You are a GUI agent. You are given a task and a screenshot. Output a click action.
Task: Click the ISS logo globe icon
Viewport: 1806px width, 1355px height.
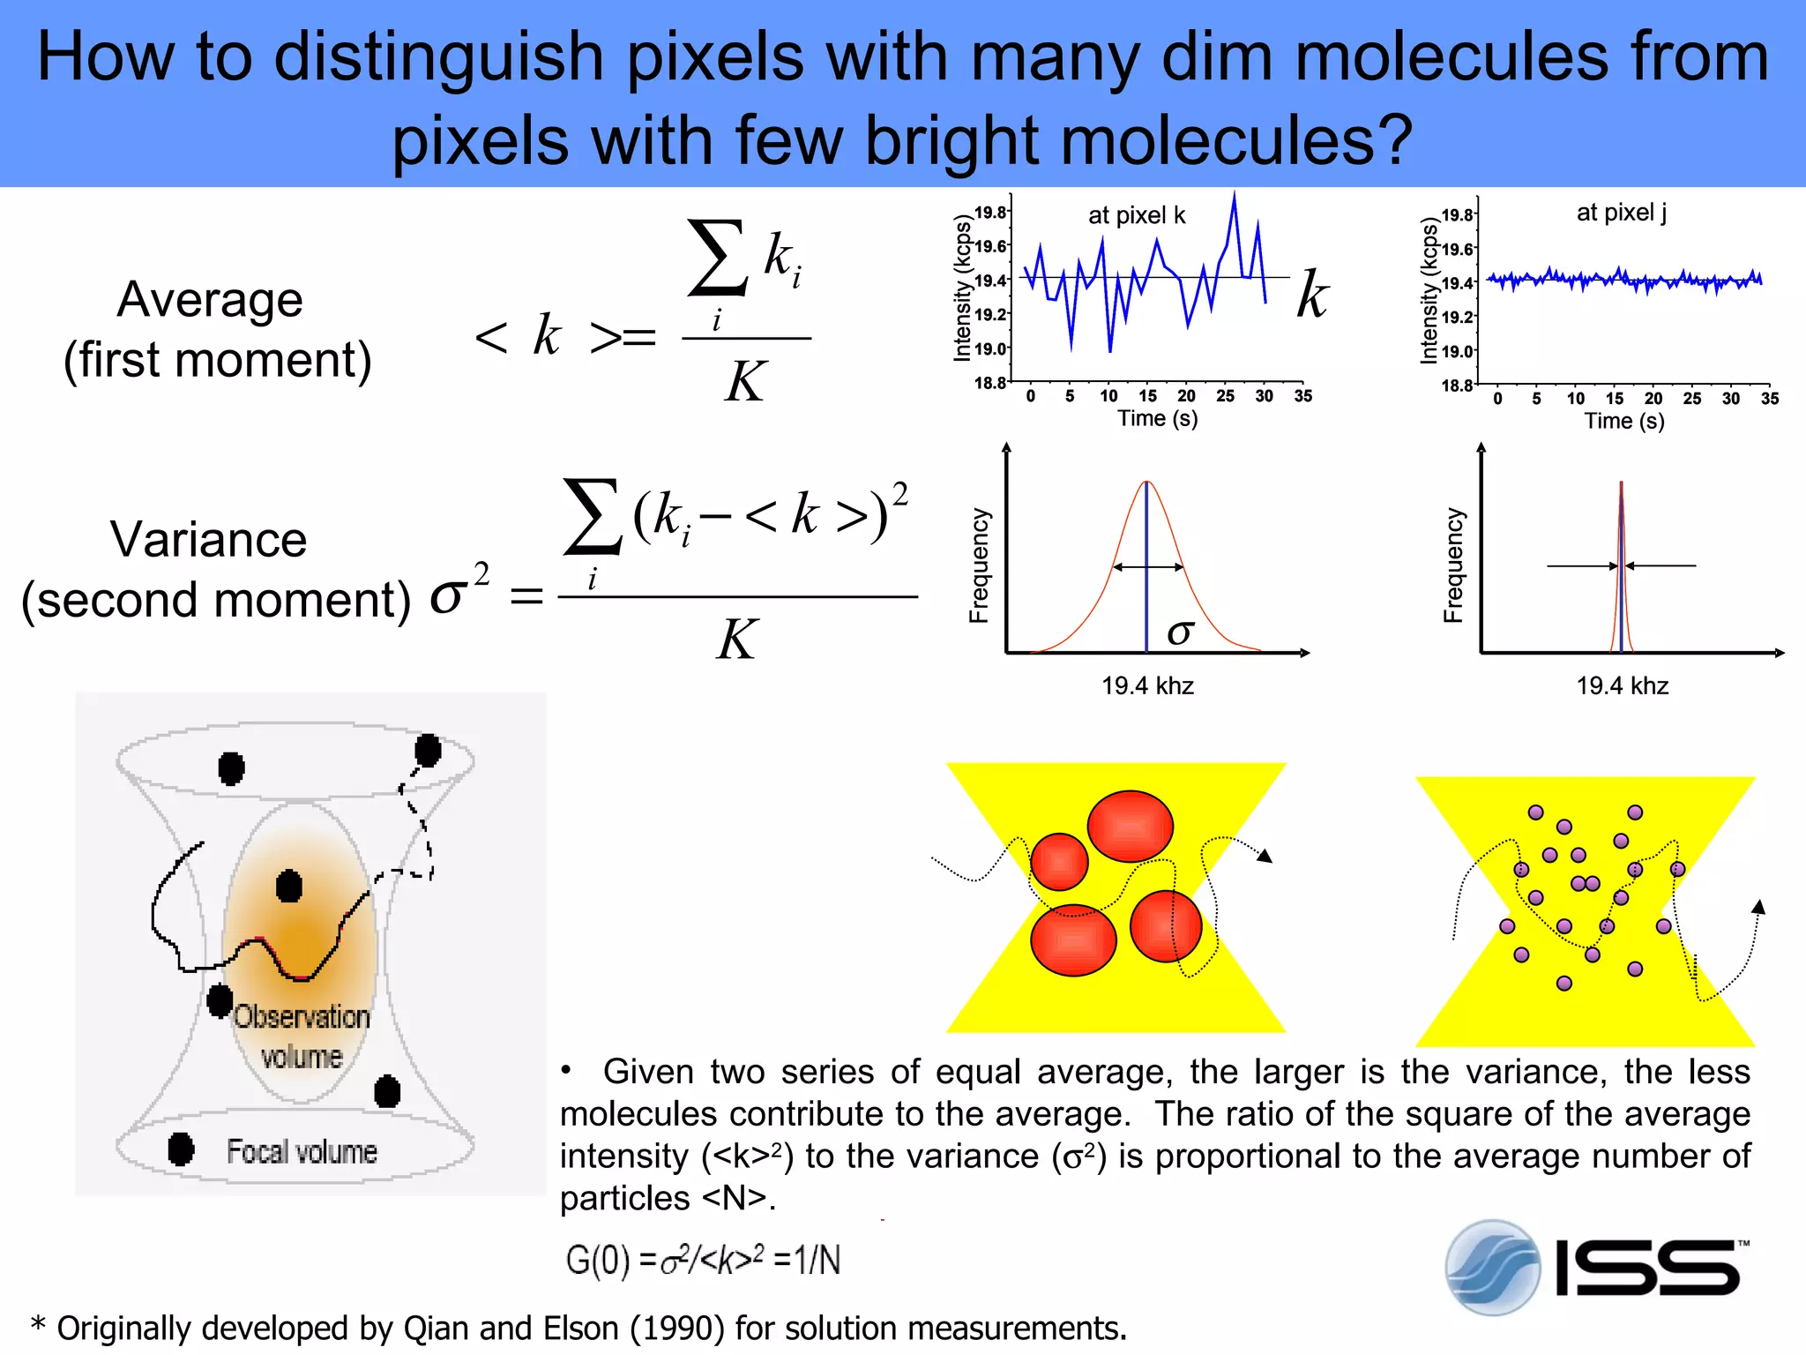(x=1492, y=1267)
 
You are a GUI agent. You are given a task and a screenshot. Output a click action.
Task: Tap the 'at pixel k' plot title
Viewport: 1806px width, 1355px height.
(x=1136, y=215)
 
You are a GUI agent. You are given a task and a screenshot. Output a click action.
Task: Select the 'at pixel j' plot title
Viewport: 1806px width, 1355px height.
(x=1621, y=213)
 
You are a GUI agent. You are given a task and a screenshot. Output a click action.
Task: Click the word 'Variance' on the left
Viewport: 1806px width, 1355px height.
(x=208, y=539)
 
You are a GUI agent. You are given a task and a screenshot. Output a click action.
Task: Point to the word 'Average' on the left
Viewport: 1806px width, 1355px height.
(x=210, y=299)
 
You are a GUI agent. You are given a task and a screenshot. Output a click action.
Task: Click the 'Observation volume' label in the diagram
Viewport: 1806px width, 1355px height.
(x=302, y=1036)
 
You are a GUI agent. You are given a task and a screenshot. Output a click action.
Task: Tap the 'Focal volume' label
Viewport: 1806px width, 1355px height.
(x=302, y=1151)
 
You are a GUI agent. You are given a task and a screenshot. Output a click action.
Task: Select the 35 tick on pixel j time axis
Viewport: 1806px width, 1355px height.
(x=1769, y=399)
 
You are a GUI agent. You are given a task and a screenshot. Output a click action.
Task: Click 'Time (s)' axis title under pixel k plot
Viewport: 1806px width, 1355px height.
(x=1157, y=418)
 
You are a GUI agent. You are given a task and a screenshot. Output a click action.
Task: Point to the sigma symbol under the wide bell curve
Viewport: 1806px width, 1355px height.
(x=1180, y=632)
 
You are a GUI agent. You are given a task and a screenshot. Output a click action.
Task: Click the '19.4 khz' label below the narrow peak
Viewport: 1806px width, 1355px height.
(x=1622, y=685)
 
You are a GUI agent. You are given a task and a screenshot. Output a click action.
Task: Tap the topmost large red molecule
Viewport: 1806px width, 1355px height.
(x=1130, y=827)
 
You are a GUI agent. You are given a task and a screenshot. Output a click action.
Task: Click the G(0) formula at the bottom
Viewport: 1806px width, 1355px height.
(x=702, y=1260)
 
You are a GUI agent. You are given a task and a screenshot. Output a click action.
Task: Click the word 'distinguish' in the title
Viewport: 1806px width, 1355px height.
(x=438, y=57)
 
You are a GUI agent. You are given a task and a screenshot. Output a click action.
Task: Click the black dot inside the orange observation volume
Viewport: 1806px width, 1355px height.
(x=288, y=886)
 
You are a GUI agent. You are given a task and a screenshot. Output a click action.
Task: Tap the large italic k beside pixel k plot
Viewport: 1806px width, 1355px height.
(x=1312, y=294)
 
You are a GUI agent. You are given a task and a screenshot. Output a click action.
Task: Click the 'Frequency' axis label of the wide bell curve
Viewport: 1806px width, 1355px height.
(x=979, y=565)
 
